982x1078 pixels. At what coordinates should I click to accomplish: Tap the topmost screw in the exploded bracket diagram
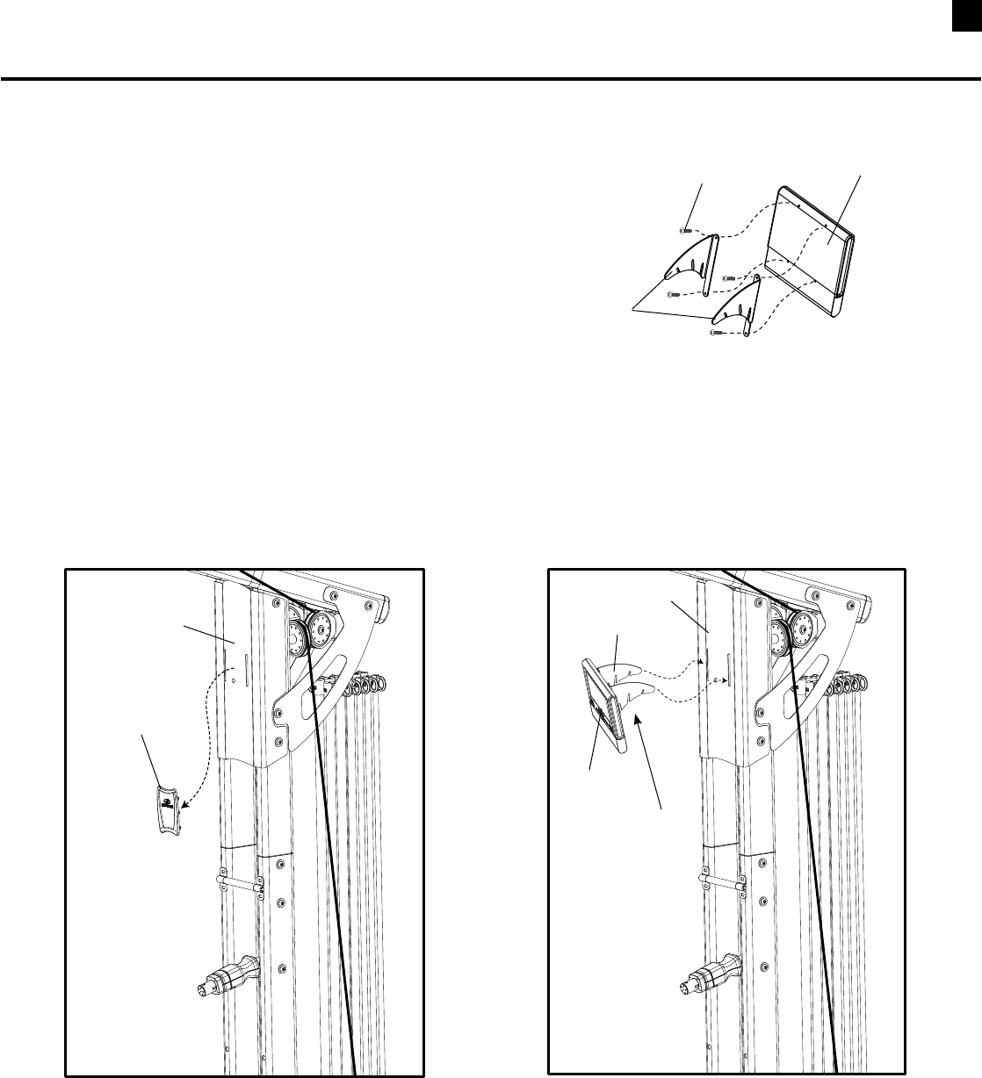click(683, 229)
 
